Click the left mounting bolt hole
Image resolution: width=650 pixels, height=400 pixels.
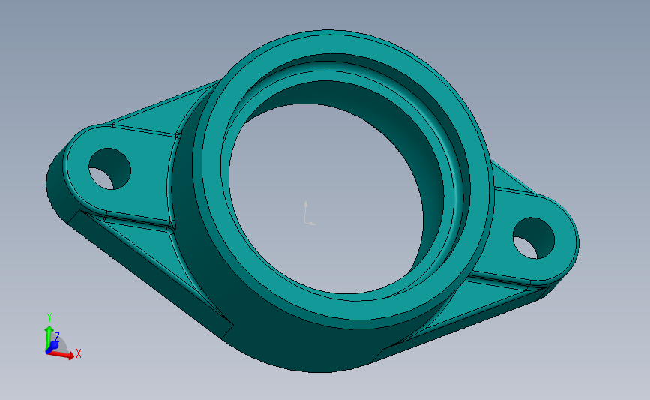coord(109,168)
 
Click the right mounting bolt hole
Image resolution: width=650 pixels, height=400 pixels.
coord(533,238)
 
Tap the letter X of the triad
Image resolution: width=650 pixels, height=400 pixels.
coord(78,353)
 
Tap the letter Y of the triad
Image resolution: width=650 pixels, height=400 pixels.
coord(49,317)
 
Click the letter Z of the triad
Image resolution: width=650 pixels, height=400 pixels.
coord(56,337)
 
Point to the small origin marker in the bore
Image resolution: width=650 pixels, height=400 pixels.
coord(307,214)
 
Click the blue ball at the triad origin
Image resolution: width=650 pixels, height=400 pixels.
coord(52,346)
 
